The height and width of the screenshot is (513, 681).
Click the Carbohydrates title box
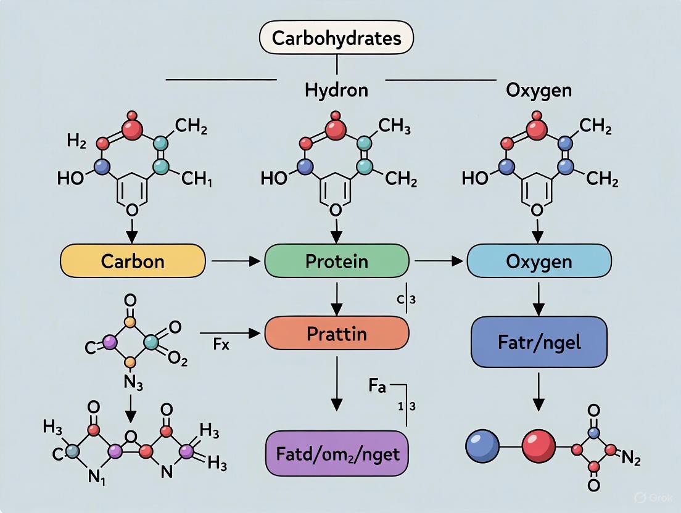[336, 39]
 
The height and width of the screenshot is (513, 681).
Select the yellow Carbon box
[133, 261]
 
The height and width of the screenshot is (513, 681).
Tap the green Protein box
[336, 261]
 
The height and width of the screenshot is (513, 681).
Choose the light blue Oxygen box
[539, 261]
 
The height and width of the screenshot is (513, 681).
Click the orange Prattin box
[336, 334]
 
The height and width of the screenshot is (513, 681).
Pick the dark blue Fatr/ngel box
[539, 342]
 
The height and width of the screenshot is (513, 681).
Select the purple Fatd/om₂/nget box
[336, 454]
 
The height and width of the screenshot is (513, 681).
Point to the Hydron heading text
[336, 90]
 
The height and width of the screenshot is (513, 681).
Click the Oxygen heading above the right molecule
[539, 90]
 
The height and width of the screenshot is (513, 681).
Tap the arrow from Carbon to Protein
[235, 261]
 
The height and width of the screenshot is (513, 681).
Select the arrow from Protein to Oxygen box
[439, 261]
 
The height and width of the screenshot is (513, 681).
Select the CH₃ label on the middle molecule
[394, 127]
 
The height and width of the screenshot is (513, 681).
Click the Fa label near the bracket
[378, 387]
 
